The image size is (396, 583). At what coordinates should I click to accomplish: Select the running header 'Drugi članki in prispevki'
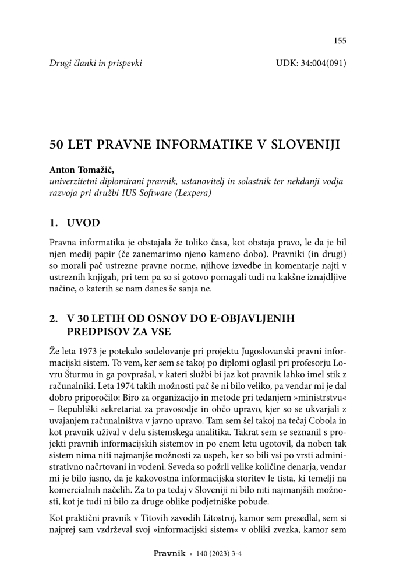click(x=96, y=62)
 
